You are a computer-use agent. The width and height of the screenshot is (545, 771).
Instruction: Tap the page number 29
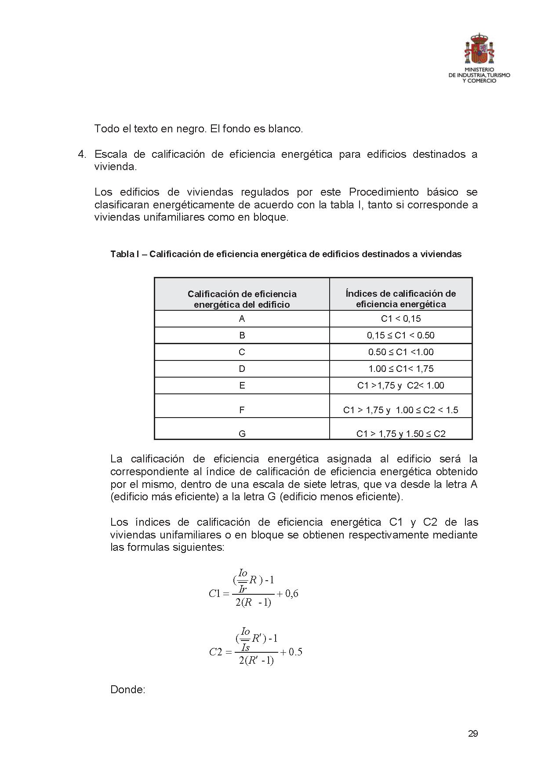coord(473,733)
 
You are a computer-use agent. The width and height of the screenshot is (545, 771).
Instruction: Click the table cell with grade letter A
coord(242,319)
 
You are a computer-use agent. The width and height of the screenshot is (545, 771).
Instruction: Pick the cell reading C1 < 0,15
coord(400,319)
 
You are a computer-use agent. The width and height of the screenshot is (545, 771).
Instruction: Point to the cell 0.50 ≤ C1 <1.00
coord(400,352)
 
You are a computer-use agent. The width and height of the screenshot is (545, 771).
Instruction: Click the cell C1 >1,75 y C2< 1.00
coord(400,385)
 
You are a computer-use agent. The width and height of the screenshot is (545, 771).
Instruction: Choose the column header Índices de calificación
coord(400,299)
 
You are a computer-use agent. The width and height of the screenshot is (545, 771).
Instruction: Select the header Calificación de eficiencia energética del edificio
coord(242,299)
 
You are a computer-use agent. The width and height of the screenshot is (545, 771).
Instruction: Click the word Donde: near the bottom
coord(127,690)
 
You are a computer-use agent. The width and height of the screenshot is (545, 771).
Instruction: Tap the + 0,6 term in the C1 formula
coord(288,594)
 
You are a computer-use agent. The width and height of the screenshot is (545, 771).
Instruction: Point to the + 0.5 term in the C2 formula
coord(291,652)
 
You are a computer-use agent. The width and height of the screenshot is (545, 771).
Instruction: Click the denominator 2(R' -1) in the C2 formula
coord(256,660)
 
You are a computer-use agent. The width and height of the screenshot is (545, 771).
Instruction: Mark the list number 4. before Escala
coord(83,154)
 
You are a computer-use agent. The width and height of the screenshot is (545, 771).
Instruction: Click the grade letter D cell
coord(242,369)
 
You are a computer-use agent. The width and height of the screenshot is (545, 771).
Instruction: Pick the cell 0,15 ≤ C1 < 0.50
coord(400,335)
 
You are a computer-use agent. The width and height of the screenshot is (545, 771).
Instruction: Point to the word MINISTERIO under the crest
coord(479,69)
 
